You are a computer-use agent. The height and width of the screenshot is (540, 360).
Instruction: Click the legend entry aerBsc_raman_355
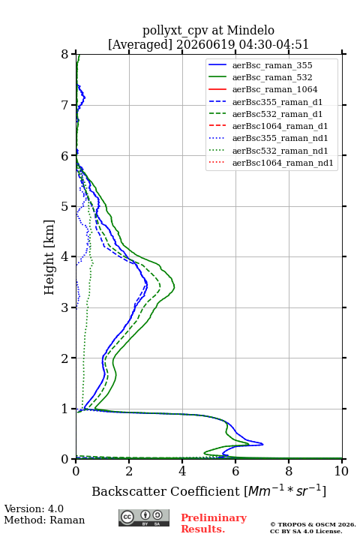272,65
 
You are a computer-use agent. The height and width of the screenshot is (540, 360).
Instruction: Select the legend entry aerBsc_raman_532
272,77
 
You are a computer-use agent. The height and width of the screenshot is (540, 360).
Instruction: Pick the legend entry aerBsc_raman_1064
275,89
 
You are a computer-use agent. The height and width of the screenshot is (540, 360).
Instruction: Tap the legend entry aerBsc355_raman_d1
277,102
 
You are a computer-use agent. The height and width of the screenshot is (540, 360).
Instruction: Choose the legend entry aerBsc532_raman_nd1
280,151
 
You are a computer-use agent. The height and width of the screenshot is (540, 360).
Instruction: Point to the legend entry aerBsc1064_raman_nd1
283,163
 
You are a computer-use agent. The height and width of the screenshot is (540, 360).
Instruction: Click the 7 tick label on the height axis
64,105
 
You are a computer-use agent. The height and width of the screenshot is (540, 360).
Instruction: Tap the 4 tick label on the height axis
64,257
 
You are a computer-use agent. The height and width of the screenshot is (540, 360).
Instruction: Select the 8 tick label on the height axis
64,55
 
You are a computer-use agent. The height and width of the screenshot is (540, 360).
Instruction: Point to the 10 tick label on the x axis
341,471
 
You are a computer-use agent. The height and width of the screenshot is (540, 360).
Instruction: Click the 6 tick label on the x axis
235,471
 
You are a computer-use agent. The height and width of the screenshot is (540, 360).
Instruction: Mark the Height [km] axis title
49,257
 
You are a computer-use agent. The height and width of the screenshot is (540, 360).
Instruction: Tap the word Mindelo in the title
250,31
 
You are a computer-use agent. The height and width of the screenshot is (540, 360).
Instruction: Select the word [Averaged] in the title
140,45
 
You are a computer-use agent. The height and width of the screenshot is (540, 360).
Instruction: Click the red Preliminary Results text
214,523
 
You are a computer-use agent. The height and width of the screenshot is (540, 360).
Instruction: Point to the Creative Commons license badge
144,518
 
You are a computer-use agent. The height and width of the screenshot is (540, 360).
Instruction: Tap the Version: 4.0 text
34,508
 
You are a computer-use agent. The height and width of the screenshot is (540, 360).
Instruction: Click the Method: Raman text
44,520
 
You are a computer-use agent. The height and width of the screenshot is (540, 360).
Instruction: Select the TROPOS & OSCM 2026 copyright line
313,524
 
